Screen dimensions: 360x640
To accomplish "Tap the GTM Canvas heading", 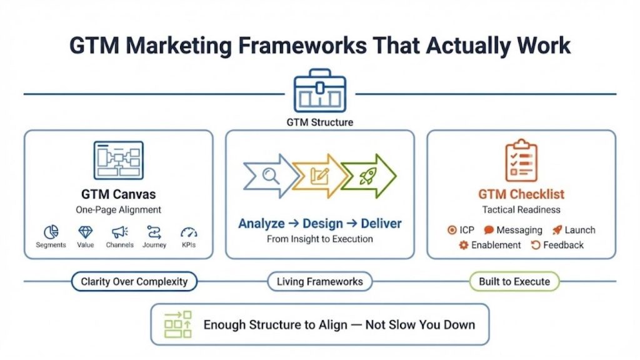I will (x=118, y=194).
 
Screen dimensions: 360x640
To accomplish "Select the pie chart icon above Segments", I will (x=51, y=232).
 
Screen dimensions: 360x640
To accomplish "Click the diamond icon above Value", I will (x=86, y=232).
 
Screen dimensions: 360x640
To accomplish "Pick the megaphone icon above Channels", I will (x=119, y=232).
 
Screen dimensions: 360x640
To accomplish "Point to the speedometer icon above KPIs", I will (x=188, y=232).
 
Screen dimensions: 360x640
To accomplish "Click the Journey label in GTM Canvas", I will (x=154, y=245).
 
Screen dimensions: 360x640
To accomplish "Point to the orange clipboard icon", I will (x=521, y=161).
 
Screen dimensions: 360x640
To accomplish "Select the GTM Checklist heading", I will (x=521, y=194).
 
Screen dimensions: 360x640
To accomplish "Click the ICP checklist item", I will (x=461, y=230).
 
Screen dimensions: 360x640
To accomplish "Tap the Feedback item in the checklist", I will (x=557, y=245).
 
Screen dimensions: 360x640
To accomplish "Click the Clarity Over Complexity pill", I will (x=134, y=282).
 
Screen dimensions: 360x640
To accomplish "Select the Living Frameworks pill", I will (x=319, y=282).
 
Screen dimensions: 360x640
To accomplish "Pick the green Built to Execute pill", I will (x=514, y=282).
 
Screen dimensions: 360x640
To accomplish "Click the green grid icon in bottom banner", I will (x=177, y=324).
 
